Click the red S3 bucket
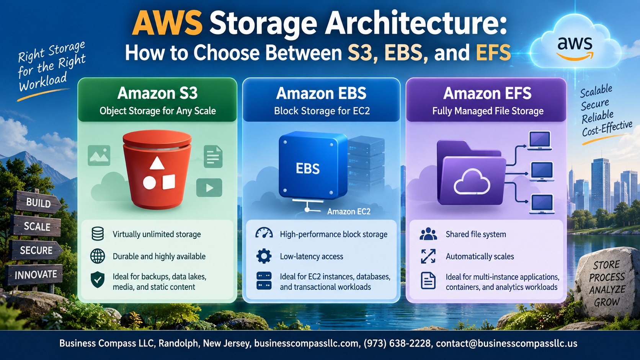157,169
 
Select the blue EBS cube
313,166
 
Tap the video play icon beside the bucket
209,187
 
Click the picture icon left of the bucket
99,156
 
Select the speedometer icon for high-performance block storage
264,233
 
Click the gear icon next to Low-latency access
264,256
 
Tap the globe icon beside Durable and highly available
98,256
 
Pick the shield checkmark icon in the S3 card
98,280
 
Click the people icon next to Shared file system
428,233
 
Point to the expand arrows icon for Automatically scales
428,256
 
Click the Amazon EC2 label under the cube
349,212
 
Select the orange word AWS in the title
167,23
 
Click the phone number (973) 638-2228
397,343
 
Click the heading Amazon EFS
487,93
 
